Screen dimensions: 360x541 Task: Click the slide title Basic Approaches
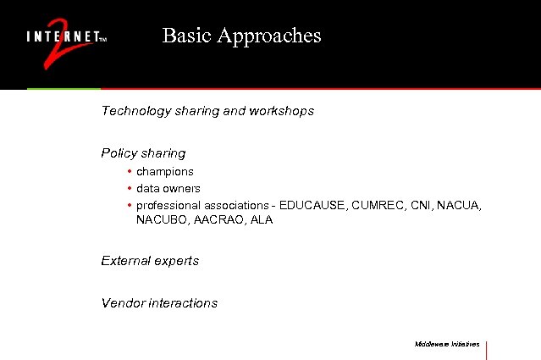point(241,36)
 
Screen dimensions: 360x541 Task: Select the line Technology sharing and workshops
point(207,111)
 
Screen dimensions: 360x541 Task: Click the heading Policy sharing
point(143,153)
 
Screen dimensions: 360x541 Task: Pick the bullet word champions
point(165,171)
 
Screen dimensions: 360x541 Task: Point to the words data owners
point(168,188)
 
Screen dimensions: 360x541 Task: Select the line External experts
point(150,261)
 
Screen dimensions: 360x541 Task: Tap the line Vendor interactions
point(159,302)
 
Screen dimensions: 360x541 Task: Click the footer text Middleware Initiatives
point(447,345)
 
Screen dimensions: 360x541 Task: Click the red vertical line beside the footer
point(488,349)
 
